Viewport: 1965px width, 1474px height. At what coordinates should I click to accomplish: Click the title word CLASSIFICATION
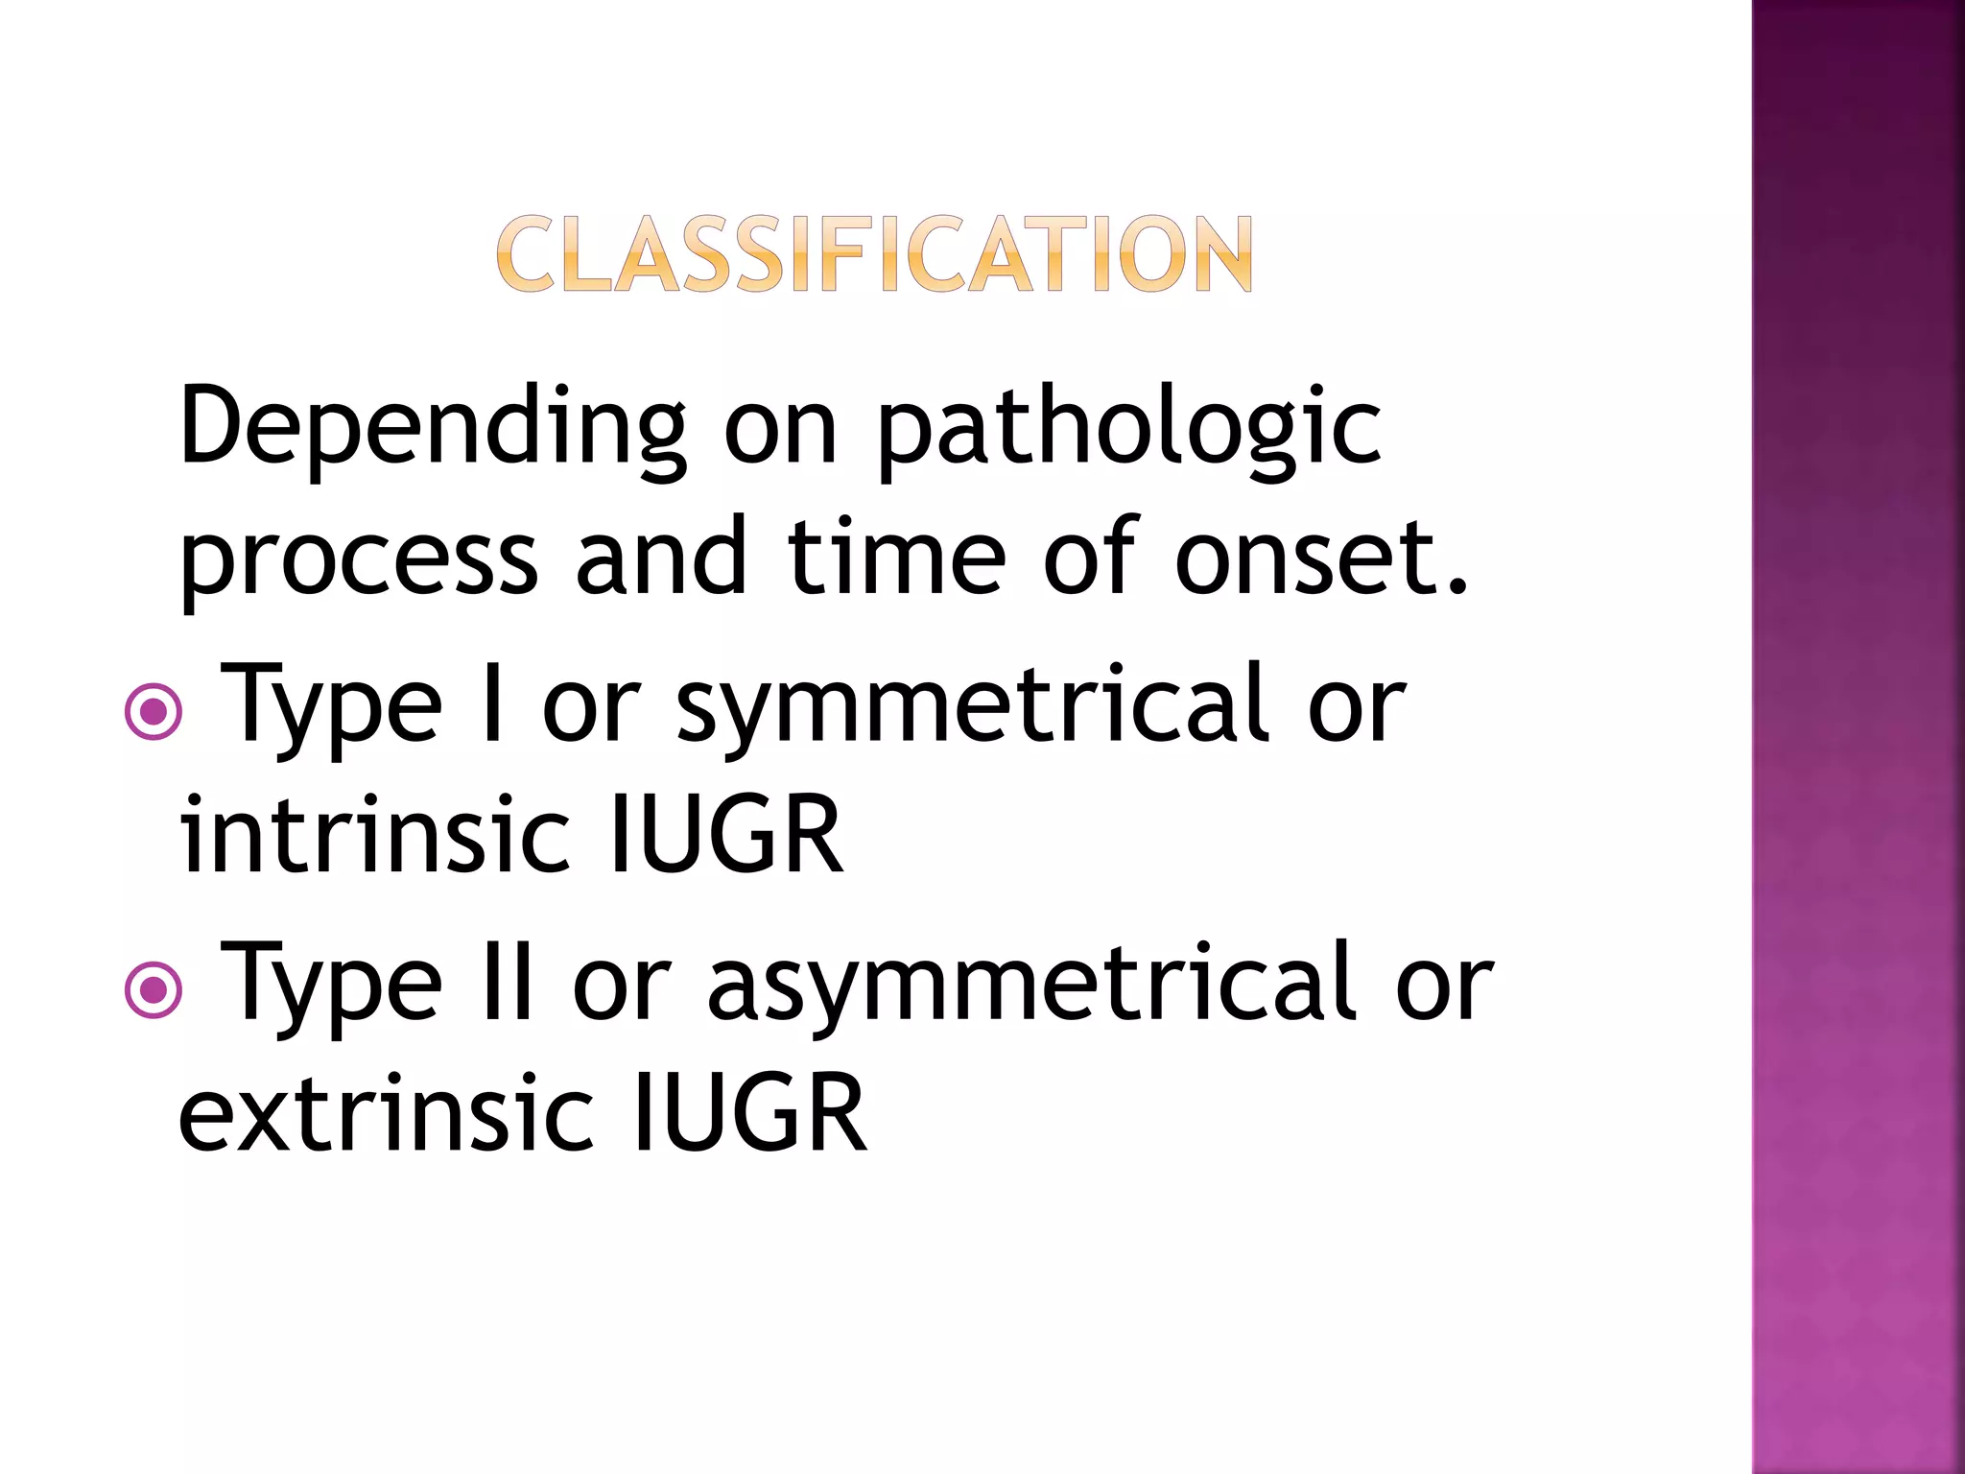coord(874,253)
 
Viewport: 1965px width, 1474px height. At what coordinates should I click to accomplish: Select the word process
coord(359,559)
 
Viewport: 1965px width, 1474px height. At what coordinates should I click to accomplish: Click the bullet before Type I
coord(154,712)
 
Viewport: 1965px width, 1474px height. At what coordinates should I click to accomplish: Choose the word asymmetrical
coord(1032,984)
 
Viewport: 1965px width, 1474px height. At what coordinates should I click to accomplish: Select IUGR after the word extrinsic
coord(750,1113)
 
